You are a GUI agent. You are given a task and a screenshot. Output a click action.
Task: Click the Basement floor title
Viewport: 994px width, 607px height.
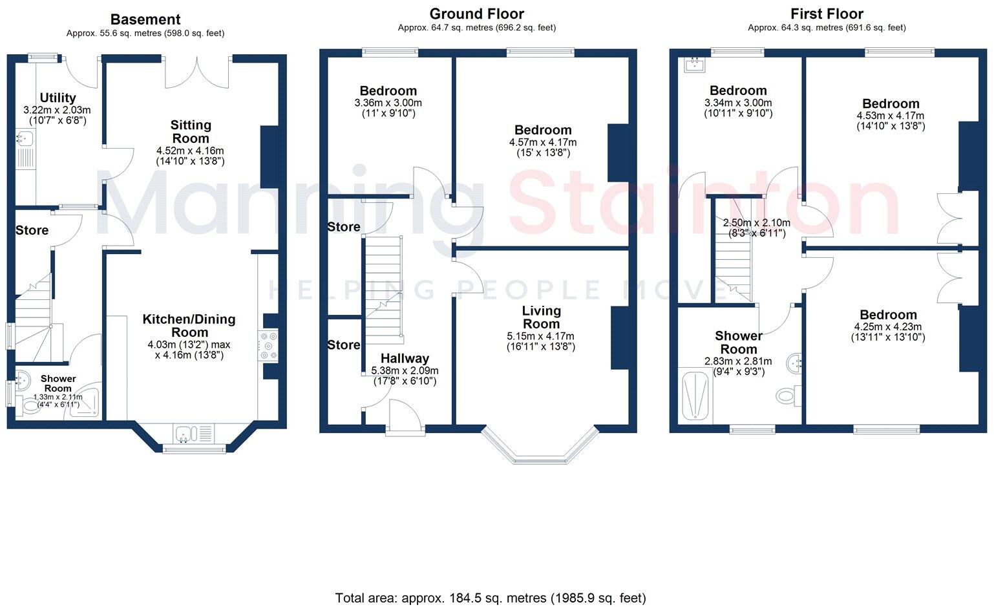pyautogui.click(x=145, y=19)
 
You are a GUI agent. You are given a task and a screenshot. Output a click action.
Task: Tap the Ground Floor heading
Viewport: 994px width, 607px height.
pyautogui.click(x=476, y=14)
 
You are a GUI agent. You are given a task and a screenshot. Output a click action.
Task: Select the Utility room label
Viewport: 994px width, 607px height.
pyautogui.click(x=58, y=98)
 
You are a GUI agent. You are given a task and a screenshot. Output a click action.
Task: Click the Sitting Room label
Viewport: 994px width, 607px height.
pyautogui.click(x=191, y=131)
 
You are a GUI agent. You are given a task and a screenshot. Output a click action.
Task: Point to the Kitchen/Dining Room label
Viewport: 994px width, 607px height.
pyautogui.click(x=189, y=325)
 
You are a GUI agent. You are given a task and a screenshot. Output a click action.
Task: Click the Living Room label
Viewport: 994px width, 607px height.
pyautogui.click(x=541, y=317)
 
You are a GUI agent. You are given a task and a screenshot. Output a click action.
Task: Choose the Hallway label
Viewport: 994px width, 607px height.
pyautogui.click(x=405, y=358)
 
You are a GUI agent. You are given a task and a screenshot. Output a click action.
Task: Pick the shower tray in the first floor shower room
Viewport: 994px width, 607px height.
pyautogui.click(x=696, y=396)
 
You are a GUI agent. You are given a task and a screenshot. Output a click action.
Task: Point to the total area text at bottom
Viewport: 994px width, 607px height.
pyautogui.click(x=491, y=598)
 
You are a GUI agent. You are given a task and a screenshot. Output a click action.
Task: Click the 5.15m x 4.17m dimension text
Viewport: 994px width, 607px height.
pyautogui.click(x=540, y=336)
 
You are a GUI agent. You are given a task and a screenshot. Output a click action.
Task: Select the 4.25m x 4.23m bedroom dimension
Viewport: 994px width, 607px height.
pyautogui.click(x=887, y=327)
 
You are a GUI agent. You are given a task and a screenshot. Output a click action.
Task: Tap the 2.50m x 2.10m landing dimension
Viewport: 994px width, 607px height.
pyautogui.click(x=756, y=223)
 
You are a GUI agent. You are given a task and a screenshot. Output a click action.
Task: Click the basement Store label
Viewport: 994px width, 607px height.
pyautogui.click(x=32, y=230)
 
